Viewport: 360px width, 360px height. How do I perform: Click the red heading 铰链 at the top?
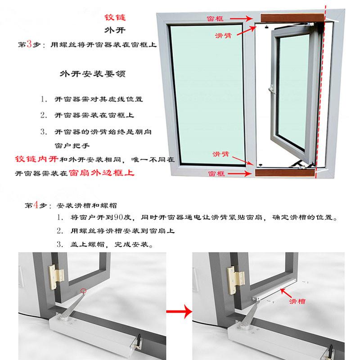tap(115, 18)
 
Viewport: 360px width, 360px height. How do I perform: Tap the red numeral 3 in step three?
tap(29, 44)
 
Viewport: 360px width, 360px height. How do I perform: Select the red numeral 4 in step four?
tap(36, 205)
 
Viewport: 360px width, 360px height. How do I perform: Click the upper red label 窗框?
tap(215, 18)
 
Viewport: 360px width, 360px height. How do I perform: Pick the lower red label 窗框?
tap(216, 174)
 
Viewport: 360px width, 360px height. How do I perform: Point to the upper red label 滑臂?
tap(223, 36)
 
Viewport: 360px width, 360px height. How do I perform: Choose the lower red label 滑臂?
tap(220, 154)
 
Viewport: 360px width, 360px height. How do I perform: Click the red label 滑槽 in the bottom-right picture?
tap(297, 301)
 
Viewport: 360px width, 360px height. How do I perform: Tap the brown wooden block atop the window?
tap(292, 18)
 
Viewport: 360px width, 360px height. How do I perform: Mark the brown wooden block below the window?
tap(285, 173)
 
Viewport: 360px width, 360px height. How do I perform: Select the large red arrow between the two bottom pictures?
tap(179, 311)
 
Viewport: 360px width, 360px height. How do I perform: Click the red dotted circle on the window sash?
tap(83, 291)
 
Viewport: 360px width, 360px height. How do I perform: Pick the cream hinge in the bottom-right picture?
tap(235, 280)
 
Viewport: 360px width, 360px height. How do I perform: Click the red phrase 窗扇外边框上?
tap(102, 173)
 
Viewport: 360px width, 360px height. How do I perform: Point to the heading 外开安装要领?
tap(93, 74)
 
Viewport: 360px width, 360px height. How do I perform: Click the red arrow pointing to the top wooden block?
tap(241, 18)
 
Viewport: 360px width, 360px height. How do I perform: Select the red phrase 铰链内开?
tap(36, 159)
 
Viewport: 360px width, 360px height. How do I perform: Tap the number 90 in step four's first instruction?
tap(119, 217)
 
